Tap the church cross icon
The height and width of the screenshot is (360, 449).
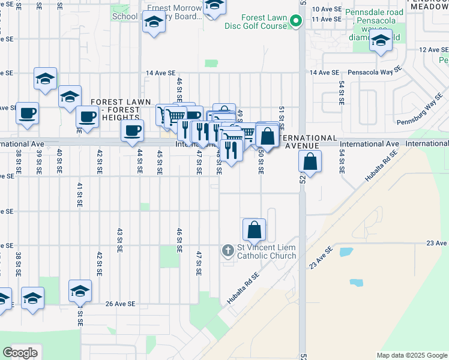click(x=228, y=250)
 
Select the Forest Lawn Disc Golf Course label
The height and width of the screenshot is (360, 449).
click(x=256, y=22)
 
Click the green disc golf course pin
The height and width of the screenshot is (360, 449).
click(x=295, y=22)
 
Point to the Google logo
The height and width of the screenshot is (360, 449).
click(x=20, y=353)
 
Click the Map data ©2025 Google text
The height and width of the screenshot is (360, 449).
click(x=412, y=355)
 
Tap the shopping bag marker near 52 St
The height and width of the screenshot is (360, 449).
click(x=310, y=161)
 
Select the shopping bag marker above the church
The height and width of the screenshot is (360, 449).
click(x=255, y=229)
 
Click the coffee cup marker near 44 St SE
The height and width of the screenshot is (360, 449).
click(x=133, y=130)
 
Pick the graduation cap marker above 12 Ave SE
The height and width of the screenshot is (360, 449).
click(x=380, y=41)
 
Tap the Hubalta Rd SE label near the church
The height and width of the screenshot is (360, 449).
click(x=243, y=288)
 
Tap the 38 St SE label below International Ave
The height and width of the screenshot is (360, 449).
click(x=18, y=162)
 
